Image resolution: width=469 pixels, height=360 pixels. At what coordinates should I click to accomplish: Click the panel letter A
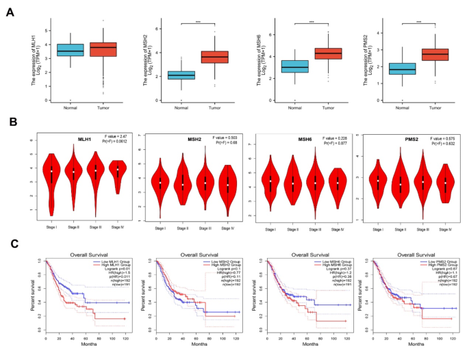[10, 11]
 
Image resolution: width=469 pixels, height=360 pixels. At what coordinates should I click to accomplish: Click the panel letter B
[10, 124]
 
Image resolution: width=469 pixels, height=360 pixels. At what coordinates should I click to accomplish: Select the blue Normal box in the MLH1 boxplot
[70, 50]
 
